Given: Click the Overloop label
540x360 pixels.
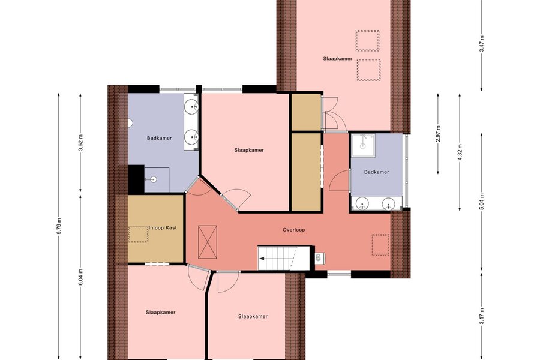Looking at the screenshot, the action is point(293,230).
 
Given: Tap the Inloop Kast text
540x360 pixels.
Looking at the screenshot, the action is point(163,228).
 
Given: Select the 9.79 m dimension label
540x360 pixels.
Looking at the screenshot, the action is point(59,226).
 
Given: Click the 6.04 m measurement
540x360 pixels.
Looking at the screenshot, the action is point(80,277).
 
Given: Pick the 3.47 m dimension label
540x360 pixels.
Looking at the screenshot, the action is point(481,44).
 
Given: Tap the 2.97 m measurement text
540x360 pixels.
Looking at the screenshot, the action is point(438,134).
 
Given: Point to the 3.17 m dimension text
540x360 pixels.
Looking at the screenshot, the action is point(481,316).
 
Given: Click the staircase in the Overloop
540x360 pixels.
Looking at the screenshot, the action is point(284,258).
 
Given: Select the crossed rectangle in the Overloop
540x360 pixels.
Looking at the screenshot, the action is point(208,242).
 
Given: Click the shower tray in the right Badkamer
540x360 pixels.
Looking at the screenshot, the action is point(363,145).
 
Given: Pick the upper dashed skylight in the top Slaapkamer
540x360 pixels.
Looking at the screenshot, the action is point(367,41).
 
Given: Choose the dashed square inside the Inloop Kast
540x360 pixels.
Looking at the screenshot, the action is point(138,234).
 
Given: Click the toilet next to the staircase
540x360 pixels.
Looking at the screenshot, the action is point(320,257).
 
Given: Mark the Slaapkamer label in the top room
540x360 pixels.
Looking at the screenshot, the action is point(337,59).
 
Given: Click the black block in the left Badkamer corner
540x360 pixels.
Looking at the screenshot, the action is point(136,179).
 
